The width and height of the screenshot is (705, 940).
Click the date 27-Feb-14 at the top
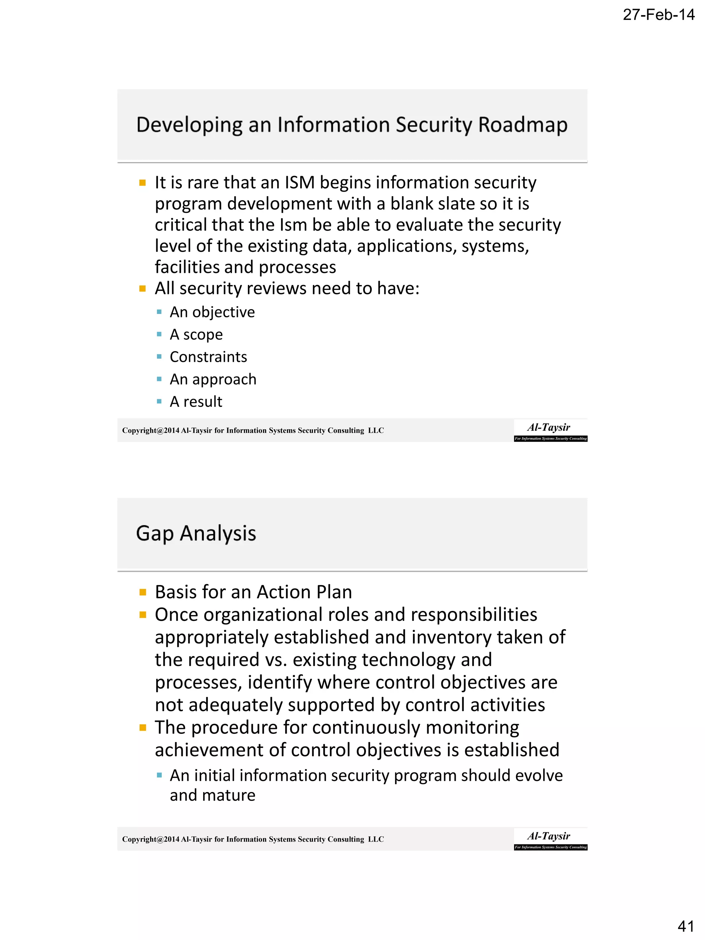click(658, 15)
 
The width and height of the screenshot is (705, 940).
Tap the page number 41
click(685, 926)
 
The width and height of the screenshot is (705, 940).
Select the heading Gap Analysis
click(196, 533)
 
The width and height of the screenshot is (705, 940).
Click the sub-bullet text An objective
click(212, 312)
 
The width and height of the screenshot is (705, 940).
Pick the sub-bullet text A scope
click(196, 335)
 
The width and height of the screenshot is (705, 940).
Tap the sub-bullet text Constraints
click(208, 357)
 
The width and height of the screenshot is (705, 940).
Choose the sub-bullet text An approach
click(213, 379)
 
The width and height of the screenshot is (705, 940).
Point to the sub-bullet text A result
click(196, 402)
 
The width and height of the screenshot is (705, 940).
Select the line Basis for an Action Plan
click(253, 592)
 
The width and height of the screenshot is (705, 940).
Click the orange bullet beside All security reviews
click(143, 289)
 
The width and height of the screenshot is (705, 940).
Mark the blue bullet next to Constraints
click(159, 357)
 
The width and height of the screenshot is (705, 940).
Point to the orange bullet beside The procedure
click(143, 728)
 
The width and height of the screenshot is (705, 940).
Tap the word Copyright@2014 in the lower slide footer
click(150, 839)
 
